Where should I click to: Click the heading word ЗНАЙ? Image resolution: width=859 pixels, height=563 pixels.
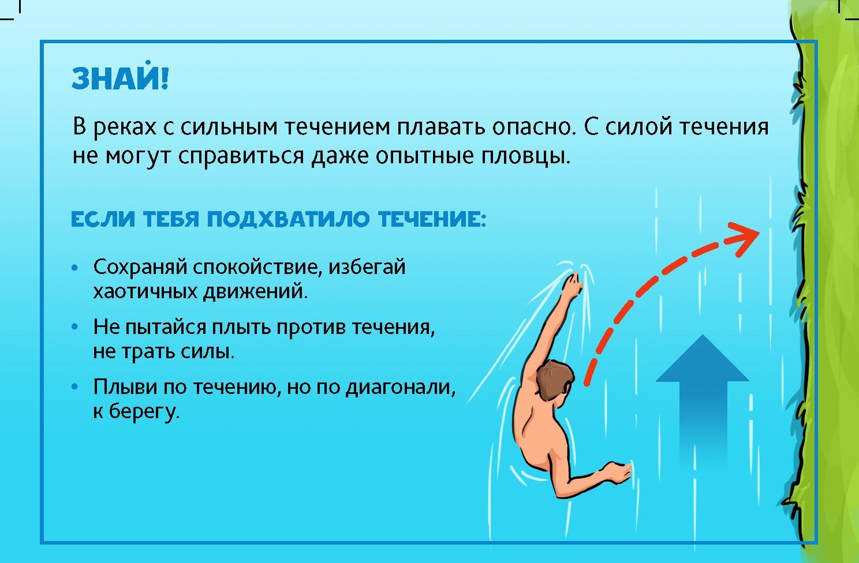click(120, 78)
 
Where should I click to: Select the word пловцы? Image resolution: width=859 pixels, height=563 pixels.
click(526, 156)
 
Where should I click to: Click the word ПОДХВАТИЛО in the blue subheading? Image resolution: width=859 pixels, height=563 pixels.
click(288, 220)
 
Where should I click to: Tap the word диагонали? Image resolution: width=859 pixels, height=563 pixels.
click(401, 388)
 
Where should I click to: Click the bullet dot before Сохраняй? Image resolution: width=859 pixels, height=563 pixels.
click(75, 268)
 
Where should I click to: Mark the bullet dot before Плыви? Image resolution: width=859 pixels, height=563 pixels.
click(75, 387)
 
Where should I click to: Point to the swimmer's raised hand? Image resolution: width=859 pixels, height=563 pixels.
click(573, 286)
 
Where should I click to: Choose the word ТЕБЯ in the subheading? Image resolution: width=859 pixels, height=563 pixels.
click(171, 220)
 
